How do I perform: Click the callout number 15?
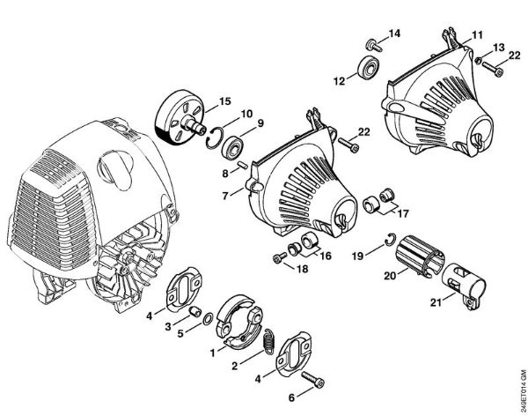tap(225, 100)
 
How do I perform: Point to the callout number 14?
tap(393, 33)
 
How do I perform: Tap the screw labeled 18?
tap(279, 258)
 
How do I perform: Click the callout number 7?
tap(225, 193)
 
